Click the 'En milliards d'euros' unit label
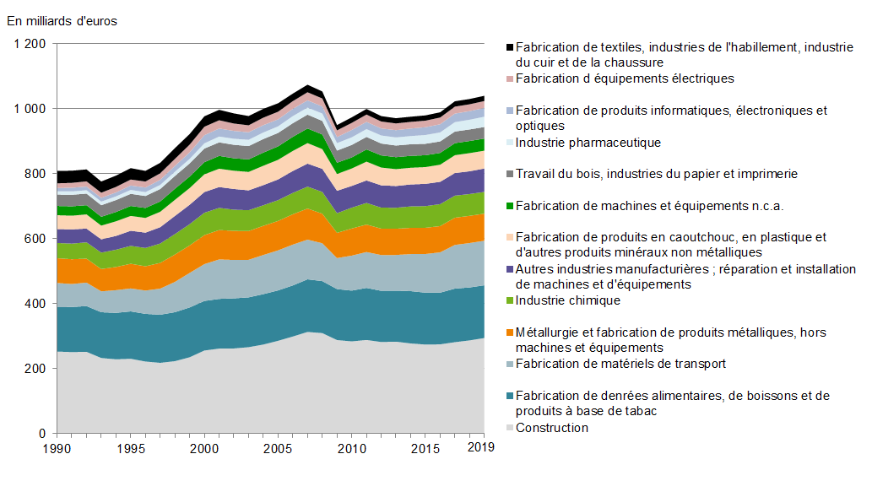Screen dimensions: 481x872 pyautogui.click(x=62, y=21)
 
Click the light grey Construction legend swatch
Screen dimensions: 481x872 pyautogui.click(x=509, y=428)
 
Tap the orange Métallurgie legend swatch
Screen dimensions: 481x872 pyautogui.click(x=509, y=332)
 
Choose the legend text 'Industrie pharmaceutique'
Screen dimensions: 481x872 pyautogui.click(x=588, y=143)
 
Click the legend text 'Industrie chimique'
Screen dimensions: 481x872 pyautogui.click(x=568, y=300)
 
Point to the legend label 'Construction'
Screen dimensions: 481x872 pyautogui.click(x=552, y=428)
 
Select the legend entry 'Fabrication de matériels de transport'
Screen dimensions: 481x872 pyautogui.click(x=620, y=364)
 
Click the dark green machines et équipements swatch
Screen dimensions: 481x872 pyautogui.click(x=509, y=206)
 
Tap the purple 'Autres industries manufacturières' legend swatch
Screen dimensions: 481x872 pyautogui.click(x=509, y=269)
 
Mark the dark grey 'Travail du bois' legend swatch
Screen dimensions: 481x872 pyautogui.click(x=509, y=175)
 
